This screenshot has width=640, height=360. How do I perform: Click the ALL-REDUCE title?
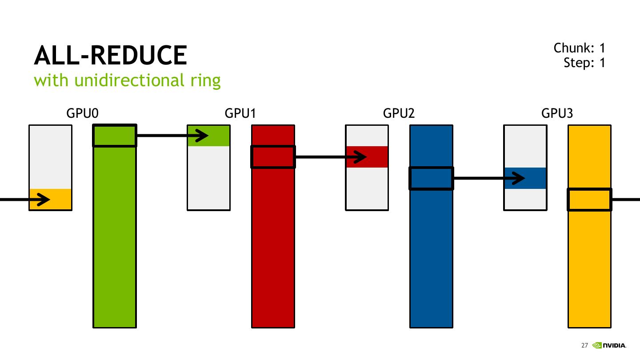[x=110, y=56]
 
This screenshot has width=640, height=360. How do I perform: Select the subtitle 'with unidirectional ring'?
[x=127, y=80]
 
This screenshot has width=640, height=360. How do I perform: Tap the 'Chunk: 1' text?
[x=579, y=48]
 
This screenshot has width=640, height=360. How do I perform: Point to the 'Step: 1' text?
[x=584, y=63]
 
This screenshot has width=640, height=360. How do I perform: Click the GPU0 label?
[x=82, y=114]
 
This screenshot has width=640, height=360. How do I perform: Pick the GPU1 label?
[x=240, y=114]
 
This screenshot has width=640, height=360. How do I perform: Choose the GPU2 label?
[x=399, y=114]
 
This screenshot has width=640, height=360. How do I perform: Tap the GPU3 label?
[x=557, y=114]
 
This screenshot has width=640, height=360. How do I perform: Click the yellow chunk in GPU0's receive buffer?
[x=50, y=199]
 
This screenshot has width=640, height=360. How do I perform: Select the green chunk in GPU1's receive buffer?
[x=208, y=136]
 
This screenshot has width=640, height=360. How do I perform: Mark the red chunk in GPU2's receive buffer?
[x=367, y=157]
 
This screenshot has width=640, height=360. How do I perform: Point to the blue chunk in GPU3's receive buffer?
[x=525, y=178]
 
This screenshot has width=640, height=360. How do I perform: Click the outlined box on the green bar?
[x=114, y=136]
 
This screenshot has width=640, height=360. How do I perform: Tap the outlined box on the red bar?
[x=273, y=157]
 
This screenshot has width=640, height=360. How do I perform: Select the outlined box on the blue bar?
[x=431, y=178]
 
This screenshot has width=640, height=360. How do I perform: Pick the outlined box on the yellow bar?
[x=589, y=200]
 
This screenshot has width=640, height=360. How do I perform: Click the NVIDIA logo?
[x=610, y=345]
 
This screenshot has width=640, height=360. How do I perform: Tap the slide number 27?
[x=584, y=345]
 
